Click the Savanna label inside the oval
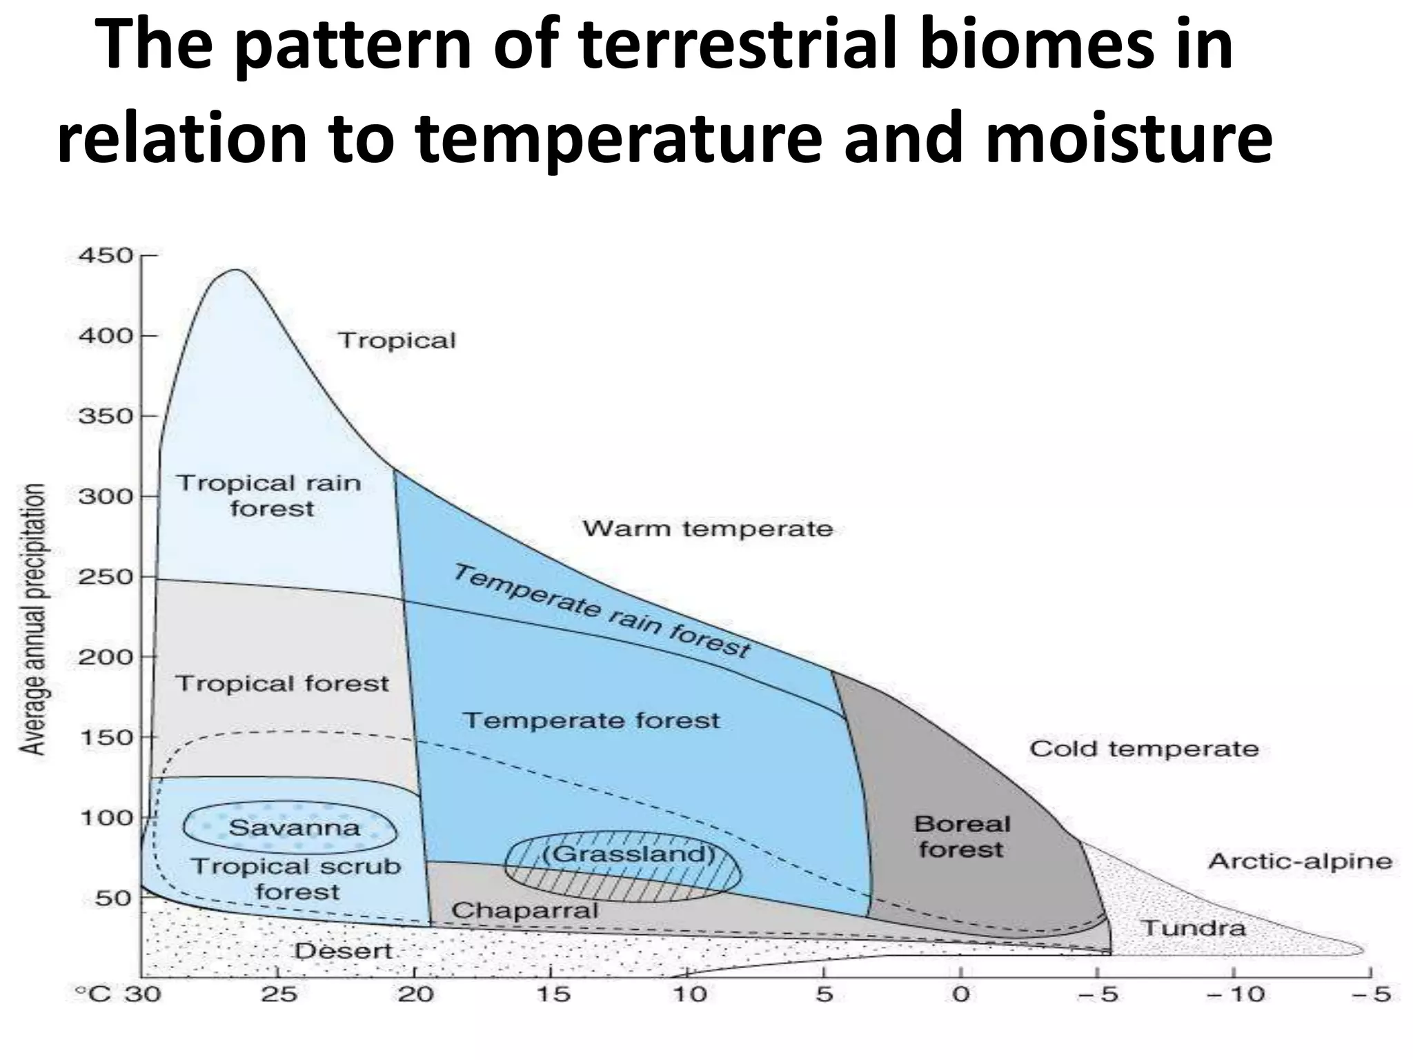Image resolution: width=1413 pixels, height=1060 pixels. coord(294,827)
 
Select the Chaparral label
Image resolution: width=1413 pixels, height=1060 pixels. coord(524,911)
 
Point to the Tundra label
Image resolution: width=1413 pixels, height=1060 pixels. coord(1194,927)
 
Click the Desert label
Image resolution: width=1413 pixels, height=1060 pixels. coord(343,952)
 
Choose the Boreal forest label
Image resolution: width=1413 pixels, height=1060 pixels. coord(962,836)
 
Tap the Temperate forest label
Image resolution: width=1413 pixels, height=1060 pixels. coord(591,720)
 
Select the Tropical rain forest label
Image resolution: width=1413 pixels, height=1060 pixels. coord(270,495)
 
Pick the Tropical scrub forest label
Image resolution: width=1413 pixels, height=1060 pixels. coord(296,879)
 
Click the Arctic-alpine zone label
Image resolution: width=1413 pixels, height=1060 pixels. coord(1300,861)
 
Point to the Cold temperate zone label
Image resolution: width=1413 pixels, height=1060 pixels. coord(1143,749)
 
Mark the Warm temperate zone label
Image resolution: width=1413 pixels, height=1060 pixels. coord(708,529)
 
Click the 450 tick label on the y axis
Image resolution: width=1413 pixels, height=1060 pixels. coord(105,256)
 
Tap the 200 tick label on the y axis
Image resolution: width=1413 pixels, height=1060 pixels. coord(105,657)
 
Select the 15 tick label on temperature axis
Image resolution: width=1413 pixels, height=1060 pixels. coord(553,994)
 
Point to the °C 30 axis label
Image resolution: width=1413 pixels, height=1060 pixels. coord(118,994)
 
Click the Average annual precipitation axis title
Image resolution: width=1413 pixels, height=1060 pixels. coord(32,619)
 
